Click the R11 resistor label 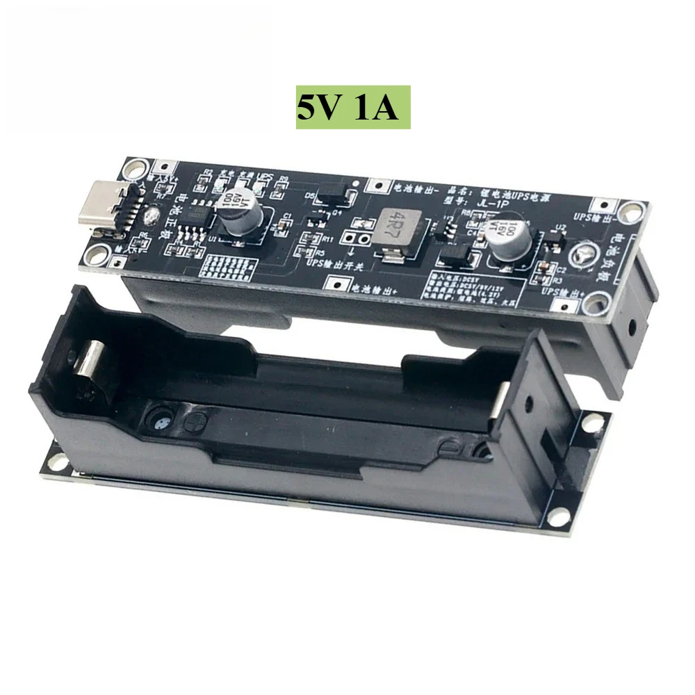point(327,238)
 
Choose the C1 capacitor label point(287,217)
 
